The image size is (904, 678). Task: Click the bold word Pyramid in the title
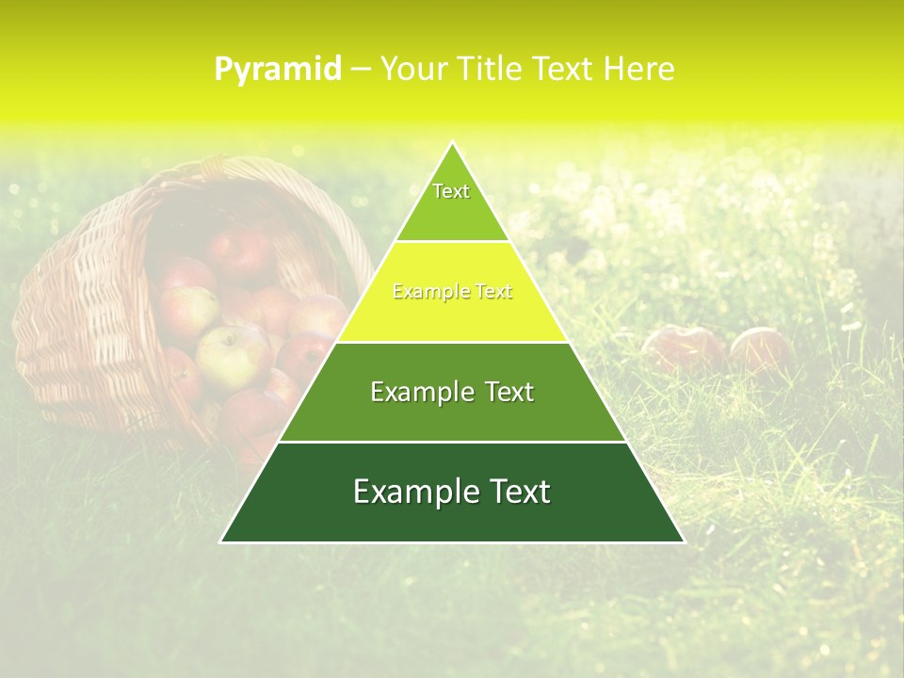tap(278, 70)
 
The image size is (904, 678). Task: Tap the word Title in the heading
tap(491, 69)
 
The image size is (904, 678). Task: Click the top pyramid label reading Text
tap(451, 191)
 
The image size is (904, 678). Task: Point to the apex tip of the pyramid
tap(452, 143)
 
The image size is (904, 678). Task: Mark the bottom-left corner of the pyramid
tap(221, 541)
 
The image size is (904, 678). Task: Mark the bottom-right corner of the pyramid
tap(684, 541)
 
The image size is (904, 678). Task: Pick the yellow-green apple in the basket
tap(229, 356)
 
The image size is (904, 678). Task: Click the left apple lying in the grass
tap(683, 348)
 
